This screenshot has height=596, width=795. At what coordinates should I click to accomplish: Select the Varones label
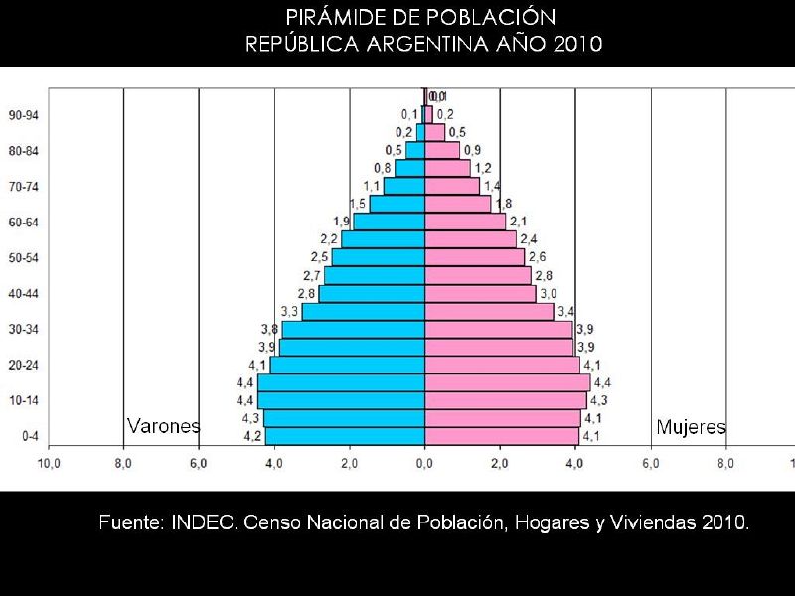pos(163,426)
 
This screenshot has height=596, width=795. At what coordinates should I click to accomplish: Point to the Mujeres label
pos(691,428)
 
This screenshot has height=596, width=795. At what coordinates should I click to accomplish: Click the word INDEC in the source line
pos(205,522)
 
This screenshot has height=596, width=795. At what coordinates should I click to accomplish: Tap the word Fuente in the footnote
pos(131,522)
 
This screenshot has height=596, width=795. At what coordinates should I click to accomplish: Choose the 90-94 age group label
pos(23,115)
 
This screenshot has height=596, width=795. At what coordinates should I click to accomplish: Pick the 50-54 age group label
pos(23,258)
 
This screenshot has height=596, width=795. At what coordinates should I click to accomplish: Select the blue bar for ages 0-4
pos(345,436)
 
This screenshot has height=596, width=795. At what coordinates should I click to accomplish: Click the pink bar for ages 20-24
pos(502,365)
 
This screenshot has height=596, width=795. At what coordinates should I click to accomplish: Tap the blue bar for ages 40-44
pos(372,293)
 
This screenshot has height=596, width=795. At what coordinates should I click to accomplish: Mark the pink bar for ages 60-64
pos(465,222)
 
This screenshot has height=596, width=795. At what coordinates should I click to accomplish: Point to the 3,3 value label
pos(290,312)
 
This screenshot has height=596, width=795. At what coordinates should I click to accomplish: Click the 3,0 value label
pos(548,294)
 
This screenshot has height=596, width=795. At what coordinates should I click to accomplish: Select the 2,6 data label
pos(537,258)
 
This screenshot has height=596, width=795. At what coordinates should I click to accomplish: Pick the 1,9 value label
pos(342,222)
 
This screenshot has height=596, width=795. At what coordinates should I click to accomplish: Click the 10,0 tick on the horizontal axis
pos(49,463)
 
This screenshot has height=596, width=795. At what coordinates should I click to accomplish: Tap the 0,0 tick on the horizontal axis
pos(424,463)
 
